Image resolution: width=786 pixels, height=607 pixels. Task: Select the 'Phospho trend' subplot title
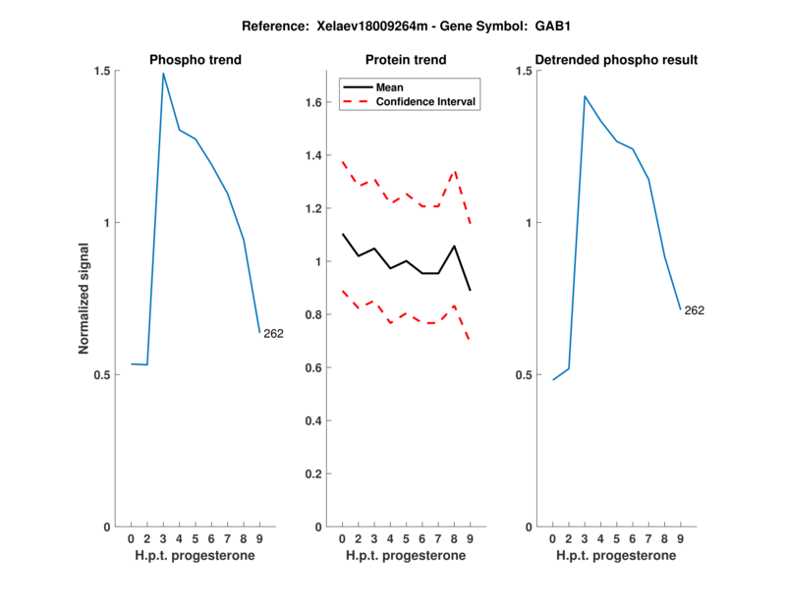click(196, 60)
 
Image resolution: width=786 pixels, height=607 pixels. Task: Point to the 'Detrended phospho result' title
click(617, 60)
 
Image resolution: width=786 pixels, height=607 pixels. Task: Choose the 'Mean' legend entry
click(389, 86)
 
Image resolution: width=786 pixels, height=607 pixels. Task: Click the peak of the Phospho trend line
click(163, 74)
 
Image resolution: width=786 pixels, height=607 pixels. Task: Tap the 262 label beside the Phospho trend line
click(273, 334)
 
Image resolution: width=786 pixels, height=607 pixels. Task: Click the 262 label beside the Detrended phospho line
click(694, 311)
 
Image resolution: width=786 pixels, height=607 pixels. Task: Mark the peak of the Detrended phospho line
click(585, 96)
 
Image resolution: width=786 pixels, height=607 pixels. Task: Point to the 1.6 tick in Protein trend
click(314, 102)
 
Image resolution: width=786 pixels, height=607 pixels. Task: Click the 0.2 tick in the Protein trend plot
click(314, 473)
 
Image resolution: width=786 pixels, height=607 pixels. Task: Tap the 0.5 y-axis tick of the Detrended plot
click(525, 375)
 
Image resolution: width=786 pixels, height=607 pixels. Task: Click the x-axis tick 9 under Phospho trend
click(259, 539)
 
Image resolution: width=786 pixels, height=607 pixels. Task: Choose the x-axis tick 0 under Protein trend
click(342, 539)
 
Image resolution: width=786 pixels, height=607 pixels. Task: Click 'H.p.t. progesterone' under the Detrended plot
click(616, 556)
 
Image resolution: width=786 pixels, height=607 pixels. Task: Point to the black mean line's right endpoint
click(471, 290)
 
